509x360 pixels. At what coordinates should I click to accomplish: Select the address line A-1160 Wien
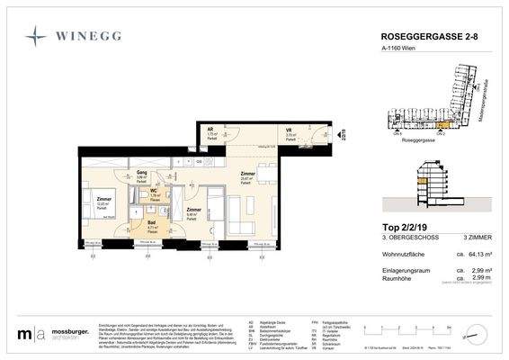[x=394, y=50]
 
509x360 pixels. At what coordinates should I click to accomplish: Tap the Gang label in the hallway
[x=141, y=173]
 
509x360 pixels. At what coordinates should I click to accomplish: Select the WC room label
[x=154, y=190]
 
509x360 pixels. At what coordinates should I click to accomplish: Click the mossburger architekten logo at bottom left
[x=54, y=336]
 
